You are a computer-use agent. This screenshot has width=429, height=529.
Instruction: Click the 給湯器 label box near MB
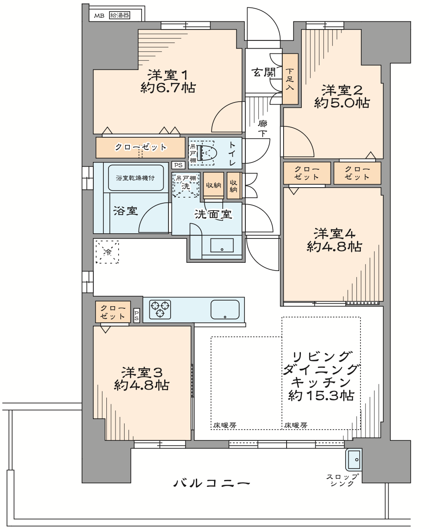click(x=120, y=15)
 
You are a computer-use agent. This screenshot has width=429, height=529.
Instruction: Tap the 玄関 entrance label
click(x=263, y=73)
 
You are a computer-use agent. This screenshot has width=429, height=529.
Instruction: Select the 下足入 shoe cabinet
click(x=290, y=79)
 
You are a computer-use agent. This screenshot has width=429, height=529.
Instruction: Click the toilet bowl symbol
click(x=207, y=153)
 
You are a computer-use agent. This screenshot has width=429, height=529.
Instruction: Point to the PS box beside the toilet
click(x=178, y=165)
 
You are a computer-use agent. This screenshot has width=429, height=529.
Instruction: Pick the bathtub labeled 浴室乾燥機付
click(x=136, y=178)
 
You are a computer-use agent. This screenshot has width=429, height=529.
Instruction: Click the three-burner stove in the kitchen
click(x=160, y=309)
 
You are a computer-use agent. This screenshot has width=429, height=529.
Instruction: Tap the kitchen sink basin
click(x=225, y=310)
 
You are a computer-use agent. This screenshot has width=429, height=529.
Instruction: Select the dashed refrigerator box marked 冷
click(x=107, y=252)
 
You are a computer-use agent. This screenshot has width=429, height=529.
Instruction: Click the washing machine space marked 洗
click(x=186, y=185)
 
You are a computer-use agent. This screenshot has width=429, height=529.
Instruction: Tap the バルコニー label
click(x=211, y=483)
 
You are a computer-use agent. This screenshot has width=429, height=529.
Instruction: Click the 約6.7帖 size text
click(x=168, y=88)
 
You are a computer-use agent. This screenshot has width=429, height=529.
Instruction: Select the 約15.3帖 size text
click(x=321, y=396)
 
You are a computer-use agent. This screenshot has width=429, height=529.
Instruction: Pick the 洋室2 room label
click(x=342, y=90)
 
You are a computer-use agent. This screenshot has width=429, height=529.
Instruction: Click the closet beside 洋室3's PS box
click(x=113, y=312)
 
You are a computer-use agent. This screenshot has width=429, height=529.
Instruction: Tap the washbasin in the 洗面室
click(x=222, y=245)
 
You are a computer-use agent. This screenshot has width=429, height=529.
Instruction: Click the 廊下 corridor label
click(x=262, y=129)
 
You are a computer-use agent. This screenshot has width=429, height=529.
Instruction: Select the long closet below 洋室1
click(x=141, y=148)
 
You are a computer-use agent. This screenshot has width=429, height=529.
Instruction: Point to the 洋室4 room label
click(x=334, y=234)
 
